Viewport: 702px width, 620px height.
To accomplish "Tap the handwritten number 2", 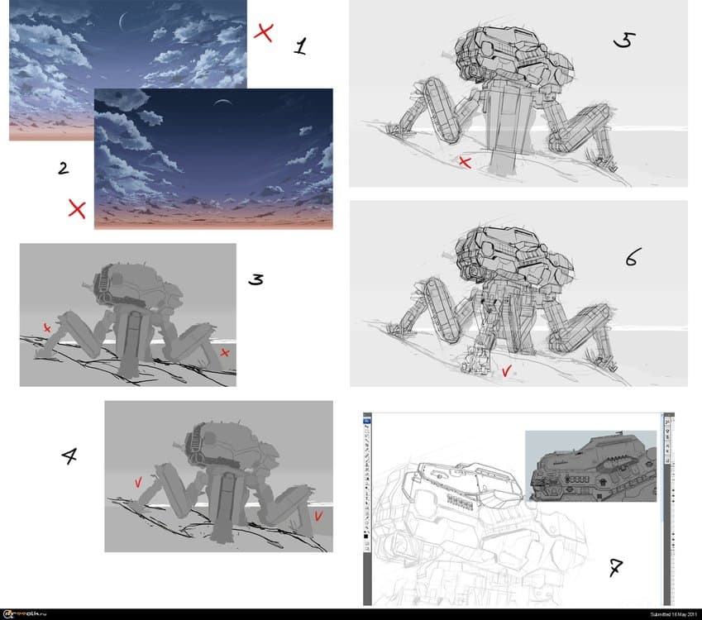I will tap(63, 168).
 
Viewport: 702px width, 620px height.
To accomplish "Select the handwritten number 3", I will tap(256, 279).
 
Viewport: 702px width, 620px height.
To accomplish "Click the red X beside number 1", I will tap(264, 32).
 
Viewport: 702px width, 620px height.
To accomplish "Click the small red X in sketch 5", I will tap(465, 163).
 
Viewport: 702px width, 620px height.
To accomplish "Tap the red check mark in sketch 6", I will tap(506, 372).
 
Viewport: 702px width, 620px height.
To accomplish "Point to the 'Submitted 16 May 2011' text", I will tap(660, 614).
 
